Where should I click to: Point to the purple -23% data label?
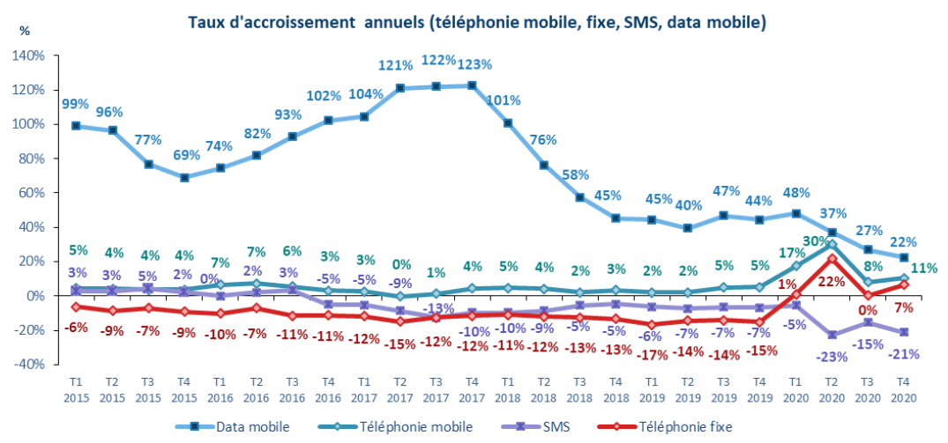[831, 357]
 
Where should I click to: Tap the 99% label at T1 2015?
[76, 105]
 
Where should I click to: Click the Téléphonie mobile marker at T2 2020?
[832, 244]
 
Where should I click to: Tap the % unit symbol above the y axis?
[25, 30]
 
